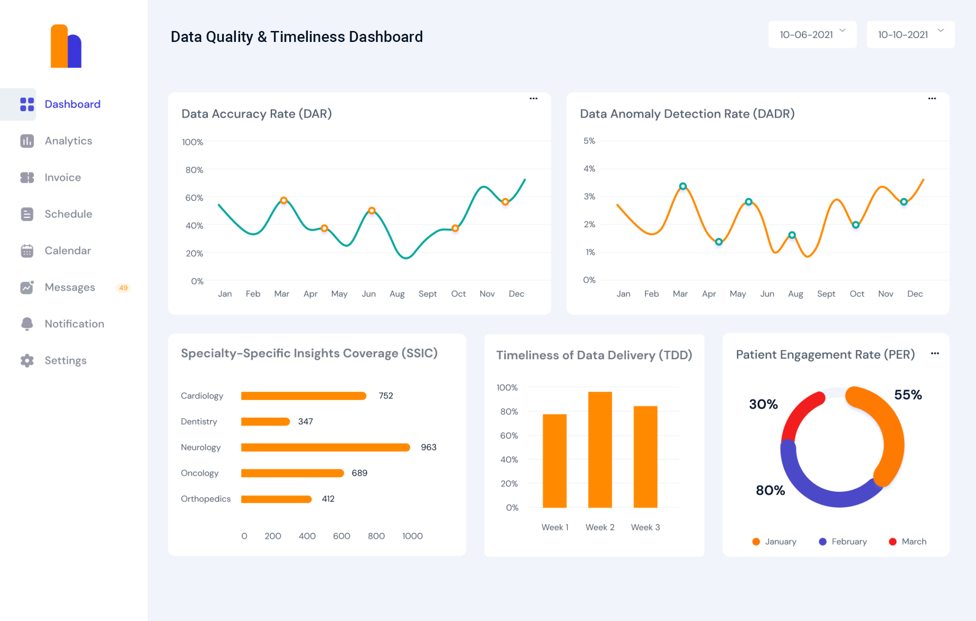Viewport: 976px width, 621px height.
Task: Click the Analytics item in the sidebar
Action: [x=68, y=141]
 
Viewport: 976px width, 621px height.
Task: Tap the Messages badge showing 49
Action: [x=123, y=288]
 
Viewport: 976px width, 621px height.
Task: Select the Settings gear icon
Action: [x=27, y=361]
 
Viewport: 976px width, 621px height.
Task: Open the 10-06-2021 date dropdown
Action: [x=812, y=34]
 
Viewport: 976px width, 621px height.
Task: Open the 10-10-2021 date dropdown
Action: [x=910, y=34]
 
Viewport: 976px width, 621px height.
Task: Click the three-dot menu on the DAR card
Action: [x=533, y=99]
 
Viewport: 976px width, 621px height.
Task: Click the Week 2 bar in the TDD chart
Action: [x=600, y=449]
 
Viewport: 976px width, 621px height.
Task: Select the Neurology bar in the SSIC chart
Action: [x=325, y=448]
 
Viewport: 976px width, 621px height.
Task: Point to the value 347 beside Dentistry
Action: [x=305, y=422]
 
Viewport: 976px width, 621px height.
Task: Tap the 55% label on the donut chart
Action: [x=907, y=395]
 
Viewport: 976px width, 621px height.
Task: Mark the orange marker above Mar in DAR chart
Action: [x=284, y=201]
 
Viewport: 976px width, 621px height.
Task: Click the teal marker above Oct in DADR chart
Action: [x=856, y=225]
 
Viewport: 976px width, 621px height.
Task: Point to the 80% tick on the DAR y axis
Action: [x=194, y=170]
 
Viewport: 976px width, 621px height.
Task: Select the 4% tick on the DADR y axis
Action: [x=589, y=169]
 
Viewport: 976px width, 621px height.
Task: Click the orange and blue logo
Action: [x=66, y=47]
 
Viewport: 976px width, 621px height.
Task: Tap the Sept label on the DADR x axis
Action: [x=826, y=294]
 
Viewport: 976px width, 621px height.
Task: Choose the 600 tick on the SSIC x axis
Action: [x=341, y=536]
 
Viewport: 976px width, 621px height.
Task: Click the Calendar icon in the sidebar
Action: [x=27, y=251]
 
